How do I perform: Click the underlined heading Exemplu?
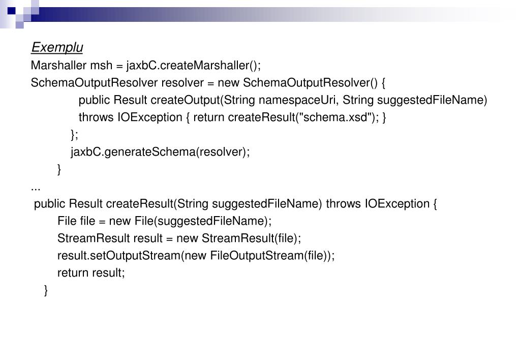tap(57, 48)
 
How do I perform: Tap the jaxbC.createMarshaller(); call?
tap(194, 66)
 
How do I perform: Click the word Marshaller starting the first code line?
tap(59, 66)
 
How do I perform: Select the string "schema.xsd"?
tap(332, 117)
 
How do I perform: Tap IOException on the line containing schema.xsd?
tap(149, 117)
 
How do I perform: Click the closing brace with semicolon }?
tap(75, 135)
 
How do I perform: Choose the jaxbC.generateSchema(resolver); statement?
tap(160, 152)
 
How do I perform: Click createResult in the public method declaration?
tap(139, 204)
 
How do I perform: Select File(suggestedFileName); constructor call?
tap(203, 221)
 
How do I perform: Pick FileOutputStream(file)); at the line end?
tap(272, 256)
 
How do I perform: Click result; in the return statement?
tap(108, 273)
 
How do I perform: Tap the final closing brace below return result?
tap(46, 290)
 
